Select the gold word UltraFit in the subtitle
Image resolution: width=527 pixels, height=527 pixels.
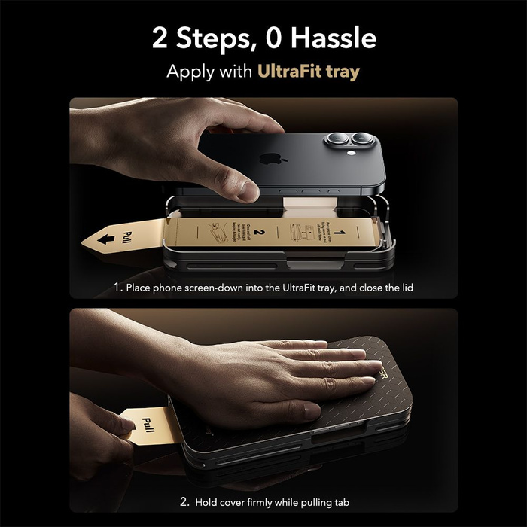(291, 73)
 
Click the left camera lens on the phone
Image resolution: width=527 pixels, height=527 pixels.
(336, 141)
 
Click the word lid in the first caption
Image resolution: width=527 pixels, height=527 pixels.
(404, 288)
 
